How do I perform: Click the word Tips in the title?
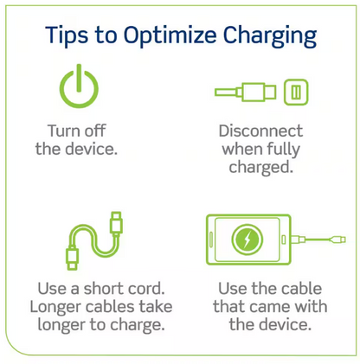67,35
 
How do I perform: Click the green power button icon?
79,86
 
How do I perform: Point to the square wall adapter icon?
296,93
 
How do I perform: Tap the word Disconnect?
260,131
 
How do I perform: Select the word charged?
260,168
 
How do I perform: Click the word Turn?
62,131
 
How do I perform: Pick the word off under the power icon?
93,131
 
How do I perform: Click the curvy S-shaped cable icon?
94,240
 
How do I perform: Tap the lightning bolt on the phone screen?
247,239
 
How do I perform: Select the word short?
102,289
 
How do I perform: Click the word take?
156,306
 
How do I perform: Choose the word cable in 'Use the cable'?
301,289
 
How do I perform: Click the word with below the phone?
311,306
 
